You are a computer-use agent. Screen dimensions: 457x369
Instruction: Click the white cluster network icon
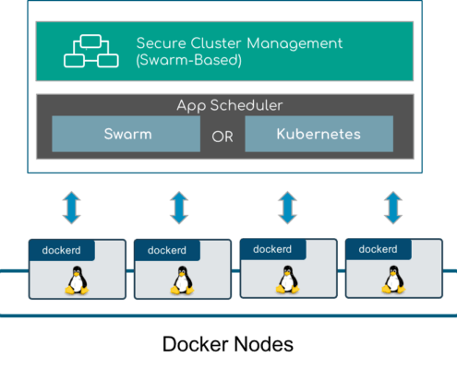91,51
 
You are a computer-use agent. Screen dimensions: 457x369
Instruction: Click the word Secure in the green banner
161,43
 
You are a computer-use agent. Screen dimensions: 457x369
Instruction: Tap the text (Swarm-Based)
188,60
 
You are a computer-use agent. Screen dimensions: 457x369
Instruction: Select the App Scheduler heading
230,106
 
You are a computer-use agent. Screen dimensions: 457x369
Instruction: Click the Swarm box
126,134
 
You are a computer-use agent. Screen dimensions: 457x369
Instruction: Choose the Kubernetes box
319,134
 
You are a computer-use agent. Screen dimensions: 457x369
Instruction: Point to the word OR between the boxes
222,137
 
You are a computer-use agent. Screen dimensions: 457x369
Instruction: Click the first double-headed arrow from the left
72,208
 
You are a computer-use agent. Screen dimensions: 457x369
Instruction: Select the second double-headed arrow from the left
179,208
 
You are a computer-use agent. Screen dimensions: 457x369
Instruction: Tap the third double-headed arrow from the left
287,208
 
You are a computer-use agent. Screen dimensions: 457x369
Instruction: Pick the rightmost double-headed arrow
393,208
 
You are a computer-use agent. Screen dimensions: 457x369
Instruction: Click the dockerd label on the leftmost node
62,250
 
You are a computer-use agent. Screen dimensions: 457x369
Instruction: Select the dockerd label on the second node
167,250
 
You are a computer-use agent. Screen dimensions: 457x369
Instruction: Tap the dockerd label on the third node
272,249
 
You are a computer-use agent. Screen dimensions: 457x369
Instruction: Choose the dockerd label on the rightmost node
378,249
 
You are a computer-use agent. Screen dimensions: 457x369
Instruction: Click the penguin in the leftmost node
77,280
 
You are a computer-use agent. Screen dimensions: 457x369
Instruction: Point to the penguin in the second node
182,280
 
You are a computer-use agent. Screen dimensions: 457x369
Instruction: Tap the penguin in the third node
287,280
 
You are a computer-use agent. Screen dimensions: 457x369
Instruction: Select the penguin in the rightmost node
393,280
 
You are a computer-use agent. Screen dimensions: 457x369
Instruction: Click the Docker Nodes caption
228,344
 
